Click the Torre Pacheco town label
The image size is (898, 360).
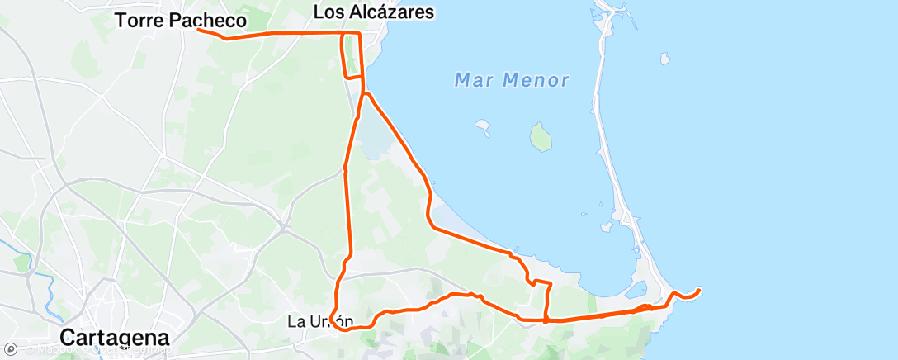tap(181, 21)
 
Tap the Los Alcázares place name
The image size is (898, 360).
tap(374, 12)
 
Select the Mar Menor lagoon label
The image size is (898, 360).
tap(512, 80)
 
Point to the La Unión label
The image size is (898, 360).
tap(320, 321)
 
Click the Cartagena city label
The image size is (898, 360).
tap(116, 338)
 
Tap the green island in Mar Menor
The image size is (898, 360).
tap(540, 137)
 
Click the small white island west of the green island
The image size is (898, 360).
tap(483, 126)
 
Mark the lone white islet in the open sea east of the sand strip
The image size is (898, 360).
tap(664, 59)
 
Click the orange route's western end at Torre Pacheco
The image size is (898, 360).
tap(200, 31)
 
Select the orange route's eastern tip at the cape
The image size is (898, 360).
tap(699, 290)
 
